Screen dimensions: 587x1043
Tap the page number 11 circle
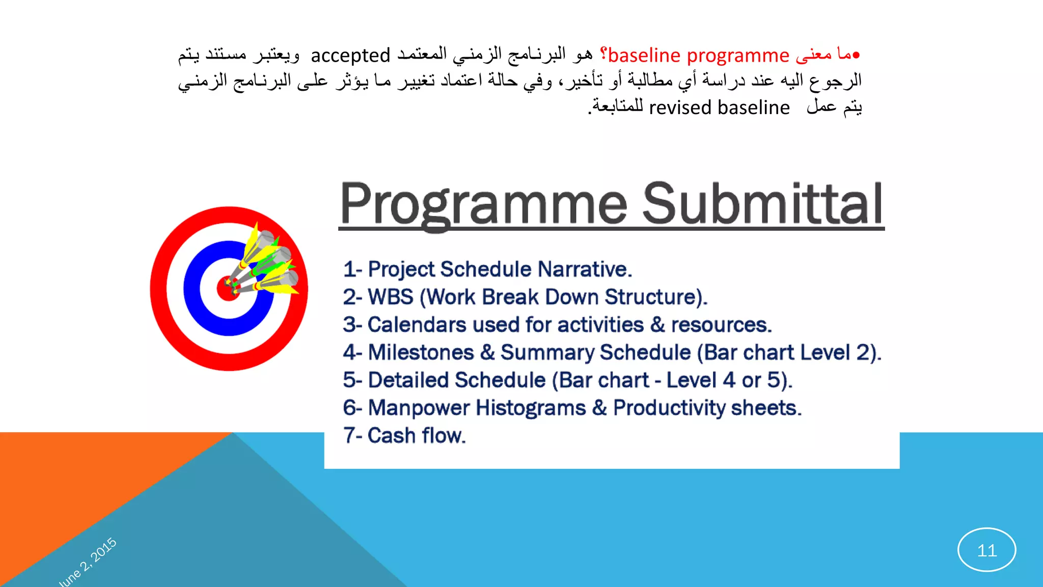click(x=986, y=550)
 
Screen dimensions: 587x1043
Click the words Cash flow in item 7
click(x=416, y=436)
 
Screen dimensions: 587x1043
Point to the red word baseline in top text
click(x=644, y=55)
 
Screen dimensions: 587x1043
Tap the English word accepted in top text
click(x=350, y=55)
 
